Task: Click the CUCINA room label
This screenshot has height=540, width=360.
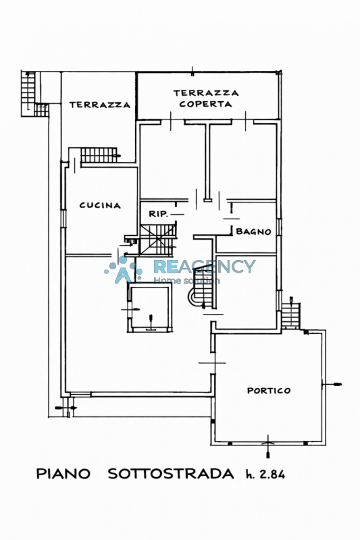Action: click(100, 205)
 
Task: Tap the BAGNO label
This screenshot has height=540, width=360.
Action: click(253, 232)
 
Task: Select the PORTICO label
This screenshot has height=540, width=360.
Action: click(269, 391)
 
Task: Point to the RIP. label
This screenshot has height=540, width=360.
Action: click(159, 214)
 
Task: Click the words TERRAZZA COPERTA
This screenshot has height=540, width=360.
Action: click(205, 99)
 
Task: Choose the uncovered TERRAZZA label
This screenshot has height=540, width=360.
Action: click(100, 105)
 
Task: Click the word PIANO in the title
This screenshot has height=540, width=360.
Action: click(63, 474)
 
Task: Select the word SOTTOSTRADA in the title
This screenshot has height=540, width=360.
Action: click(171, 474)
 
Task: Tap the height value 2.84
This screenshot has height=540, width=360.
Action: click(272, 475)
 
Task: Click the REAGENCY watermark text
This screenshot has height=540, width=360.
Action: click(204, 266)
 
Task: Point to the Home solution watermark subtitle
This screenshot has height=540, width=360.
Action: click(186, 280)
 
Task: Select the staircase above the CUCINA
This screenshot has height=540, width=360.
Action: click(99, 155)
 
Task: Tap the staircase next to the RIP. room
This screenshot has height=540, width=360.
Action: click(158, 240)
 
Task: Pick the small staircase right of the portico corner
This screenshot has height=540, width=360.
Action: click(291, 316)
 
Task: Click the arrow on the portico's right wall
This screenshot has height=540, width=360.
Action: click(332, 384)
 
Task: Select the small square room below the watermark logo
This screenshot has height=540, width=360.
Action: click(149, 307)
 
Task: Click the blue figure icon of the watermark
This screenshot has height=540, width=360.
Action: click(124, 269)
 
